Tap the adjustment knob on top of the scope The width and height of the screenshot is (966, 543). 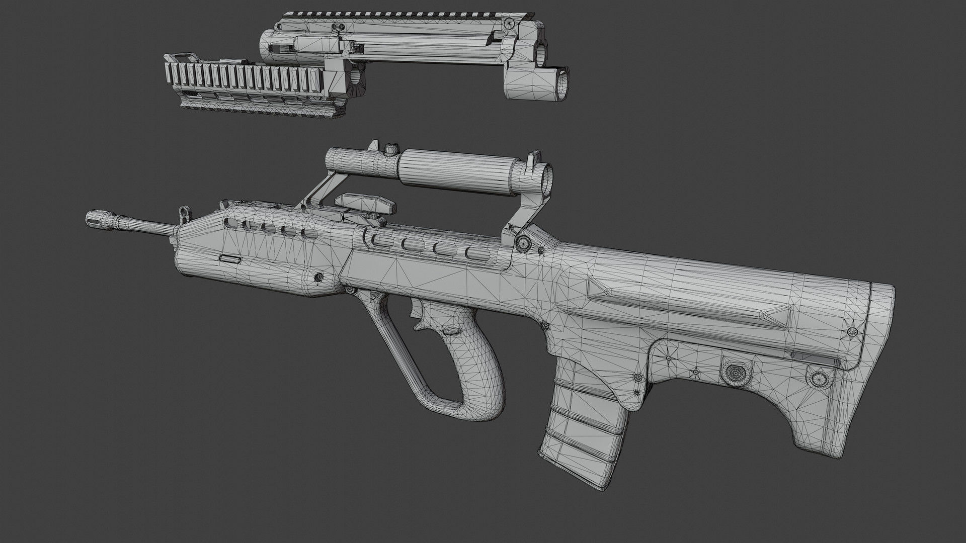click(389, 149)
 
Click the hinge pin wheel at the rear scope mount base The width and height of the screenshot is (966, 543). click(523, 243)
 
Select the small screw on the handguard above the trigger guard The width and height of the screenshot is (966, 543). click(318, 277)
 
